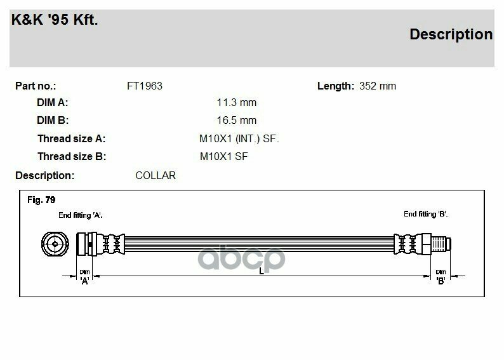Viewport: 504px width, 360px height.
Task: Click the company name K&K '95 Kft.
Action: pos(55,20)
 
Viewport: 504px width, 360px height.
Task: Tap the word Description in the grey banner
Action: pos(451,35)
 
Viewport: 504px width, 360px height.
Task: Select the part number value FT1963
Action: pos(145,86)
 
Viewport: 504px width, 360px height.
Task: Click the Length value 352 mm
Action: pos(378,86)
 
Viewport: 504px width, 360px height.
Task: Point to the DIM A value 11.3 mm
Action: pos(237,103)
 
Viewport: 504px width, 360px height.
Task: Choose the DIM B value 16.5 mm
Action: pos(237,121)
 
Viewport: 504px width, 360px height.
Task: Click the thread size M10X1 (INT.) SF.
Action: pos(239,139)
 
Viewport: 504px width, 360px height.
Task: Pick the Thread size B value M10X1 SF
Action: pos(223,157)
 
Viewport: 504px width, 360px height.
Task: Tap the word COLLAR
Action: pos(156,176)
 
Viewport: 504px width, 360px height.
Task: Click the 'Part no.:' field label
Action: pos(36,86)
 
